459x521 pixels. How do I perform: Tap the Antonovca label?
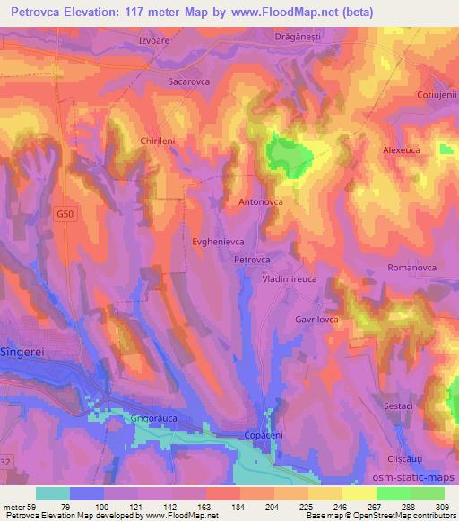click(261, 203)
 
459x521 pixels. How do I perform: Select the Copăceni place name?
click(264, 434)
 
